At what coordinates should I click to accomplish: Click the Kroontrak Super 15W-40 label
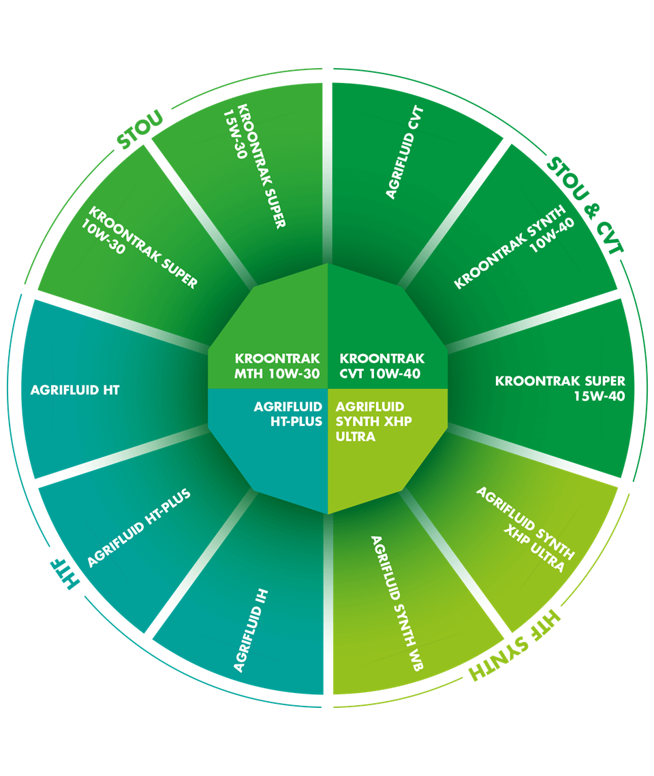pyautogui.click(x=560, y=387)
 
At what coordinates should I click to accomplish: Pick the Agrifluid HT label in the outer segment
pyautogui.click(x=75, y=390)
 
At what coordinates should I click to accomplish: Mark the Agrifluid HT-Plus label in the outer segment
pyautogui.click(x=139, y=527)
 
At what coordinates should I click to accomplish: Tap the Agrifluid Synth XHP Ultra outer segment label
pyautogui.click(x=525, y=529)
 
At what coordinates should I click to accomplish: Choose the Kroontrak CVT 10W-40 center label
pyautogui.click(x=381, y=365)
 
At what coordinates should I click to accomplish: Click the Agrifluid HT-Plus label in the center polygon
pyautogui.click(x=287, y=414)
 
